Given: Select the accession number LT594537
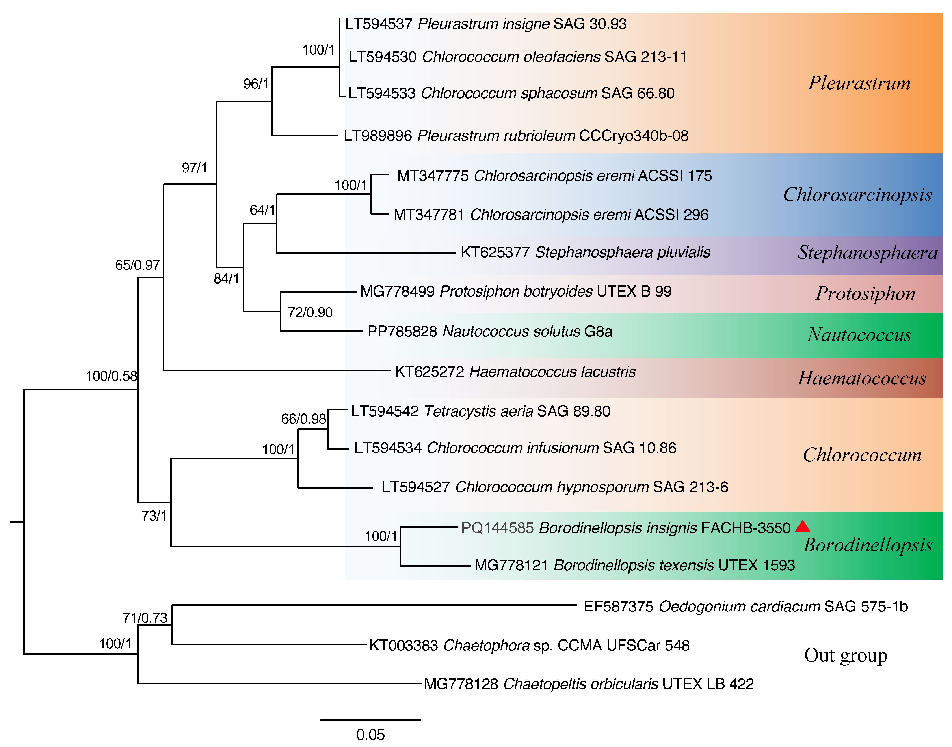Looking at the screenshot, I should click(379, 24).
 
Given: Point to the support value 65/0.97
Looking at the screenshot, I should click(137, 265).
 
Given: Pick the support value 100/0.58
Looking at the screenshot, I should click(111, 376).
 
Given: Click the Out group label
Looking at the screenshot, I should click(845, 655).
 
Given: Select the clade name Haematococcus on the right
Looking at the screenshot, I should click(862, 378).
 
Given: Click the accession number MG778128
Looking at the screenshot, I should click(461, 684).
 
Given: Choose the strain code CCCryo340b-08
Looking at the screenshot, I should click(634, 136).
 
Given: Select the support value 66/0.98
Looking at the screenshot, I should click(304, 419).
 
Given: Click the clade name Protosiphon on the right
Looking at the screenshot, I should click(865, 293).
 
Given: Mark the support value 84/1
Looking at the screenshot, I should click(226, 279).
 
